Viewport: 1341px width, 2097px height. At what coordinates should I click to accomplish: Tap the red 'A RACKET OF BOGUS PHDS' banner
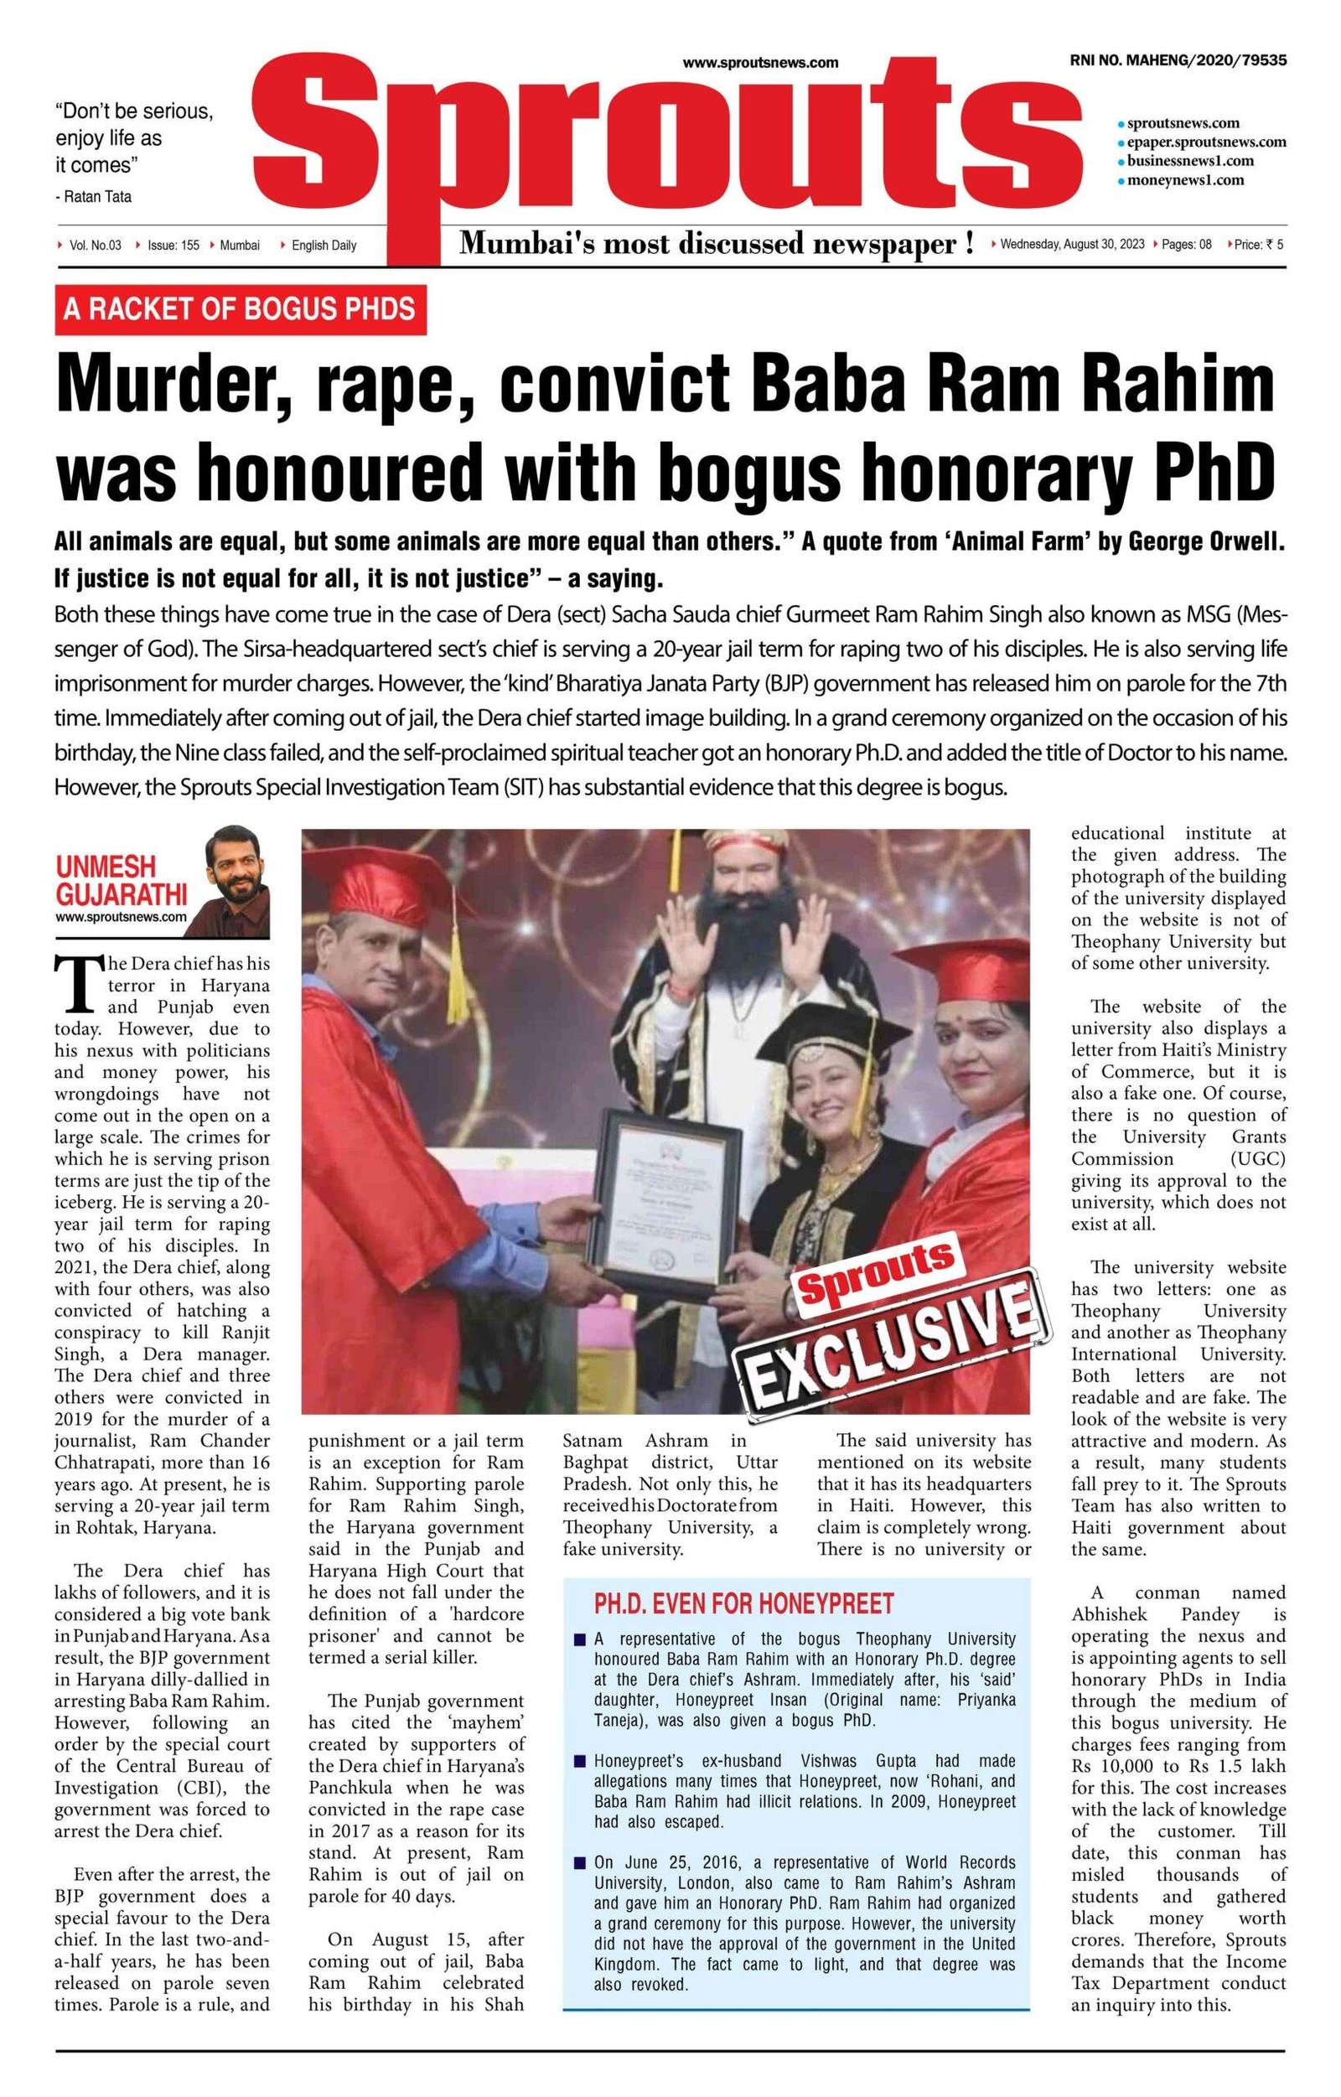click(241, 309)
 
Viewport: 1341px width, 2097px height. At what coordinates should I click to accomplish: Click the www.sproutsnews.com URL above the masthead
click(760, 63)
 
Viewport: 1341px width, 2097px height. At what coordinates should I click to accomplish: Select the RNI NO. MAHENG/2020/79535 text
click(1179, 61)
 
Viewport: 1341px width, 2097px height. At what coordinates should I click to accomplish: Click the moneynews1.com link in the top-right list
click(1185, 180)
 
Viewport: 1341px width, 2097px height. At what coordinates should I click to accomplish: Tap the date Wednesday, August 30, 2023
click(1072, 245)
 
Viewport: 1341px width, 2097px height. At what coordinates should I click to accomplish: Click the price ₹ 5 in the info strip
click(1258, 245)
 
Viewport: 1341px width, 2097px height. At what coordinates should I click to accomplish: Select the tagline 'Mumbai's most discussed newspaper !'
click(716, 245)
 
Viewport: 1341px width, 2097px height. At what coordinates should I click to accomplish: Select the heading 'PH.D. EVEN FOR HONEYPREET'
click(743, 1603)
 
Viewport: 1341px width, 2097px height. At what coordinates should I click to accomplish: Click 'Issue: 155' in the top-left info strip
click(173, 246)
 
